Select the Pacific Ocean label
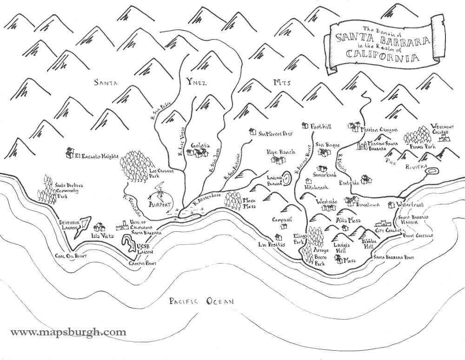[x=201, y=301]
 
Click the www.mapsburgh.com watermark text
[x=68, y=332]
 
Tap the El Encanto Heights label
[x=97, y=157]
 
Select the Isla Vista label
[x=100, y=236]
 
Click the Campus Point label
[x=142, y=263]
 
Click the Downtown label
[x=368, y=204]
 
